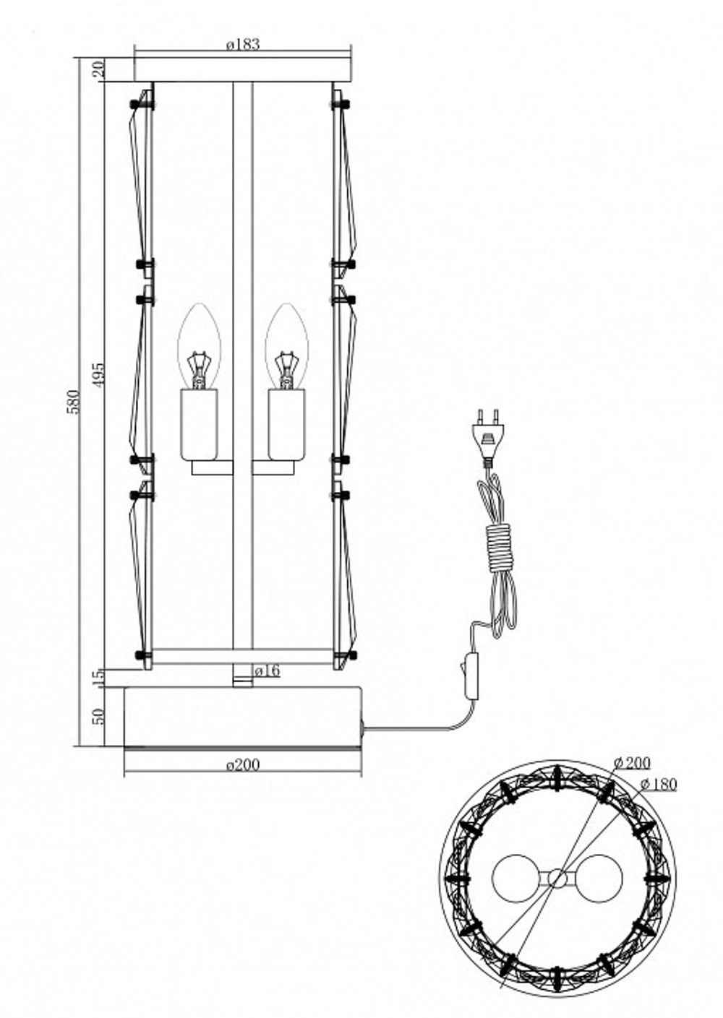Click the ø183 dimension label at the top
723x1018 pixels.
pos(242,45)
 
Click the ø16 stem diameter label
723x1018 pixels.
pos(267,671)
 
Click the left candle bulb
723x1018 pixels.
pos(198,347)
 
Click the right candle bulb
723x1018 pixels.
pos(286,347)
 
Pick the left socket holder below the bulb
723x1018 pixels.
pos(198,424)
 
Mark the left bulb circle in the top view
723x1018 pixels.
pos(515,879)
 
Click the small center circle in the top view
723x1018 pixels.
pos(557,879)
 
